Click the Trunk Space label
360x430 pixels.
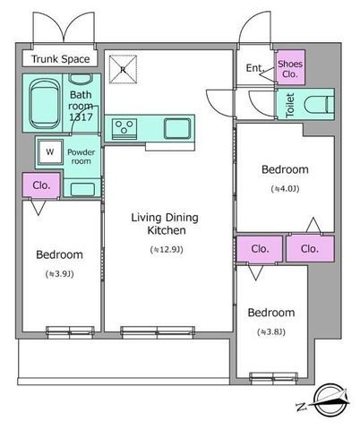coord(60,59)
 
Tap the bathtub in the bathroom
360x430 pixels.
coord(44,104)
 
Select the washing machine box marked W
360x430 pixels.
coord(50,152)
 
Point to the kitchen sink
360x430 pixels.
coord(177,128)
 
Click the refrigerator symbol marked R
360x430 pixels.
coord(123,69)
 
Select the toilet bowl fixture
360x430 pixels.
coord(319,105)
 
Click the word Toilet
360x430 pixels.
coord(290,105)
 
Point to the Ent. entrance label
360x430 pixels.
coord(255,68)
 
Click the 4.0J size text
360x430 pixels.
coord(285,189)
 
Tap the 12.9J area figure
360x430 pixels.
coord(167,250)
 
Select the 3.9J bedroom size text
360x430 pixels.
coord(60,274)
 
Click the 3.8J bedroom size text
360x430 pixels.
coord(271,331)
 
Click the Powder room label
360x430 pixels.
coord(81,157)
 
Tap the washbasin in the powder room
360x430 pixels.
coord(82,189)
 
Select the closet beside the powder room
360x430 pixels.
coord(41,185)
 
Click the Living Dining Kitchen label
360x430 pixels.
coord(165,224)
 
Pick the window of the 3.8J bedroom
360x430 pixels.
coord(273,377)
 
